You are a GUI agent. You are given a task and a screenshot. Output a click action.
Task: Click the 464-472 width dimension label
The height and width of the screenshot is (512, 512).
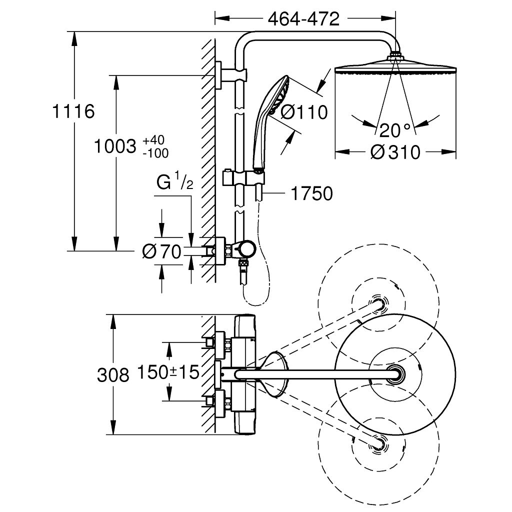click(x=303, y=19)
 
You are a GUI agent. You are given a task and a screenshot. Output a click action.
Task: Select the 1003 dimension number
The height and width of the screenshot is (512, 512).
click(x=115, y=146)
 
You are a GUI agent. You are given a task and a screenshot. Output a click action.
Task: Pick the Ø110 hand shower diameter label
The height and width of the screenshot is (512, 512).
click(x=303, y=112)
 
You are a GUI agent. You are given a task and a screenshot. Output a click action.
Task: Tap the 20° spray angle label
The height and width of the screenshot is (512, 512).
click(x=395, y=130)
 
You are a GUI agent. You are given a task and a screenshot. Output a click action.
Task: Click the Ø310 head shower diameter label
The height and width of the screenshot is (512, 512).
click(x=395, y=151)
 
